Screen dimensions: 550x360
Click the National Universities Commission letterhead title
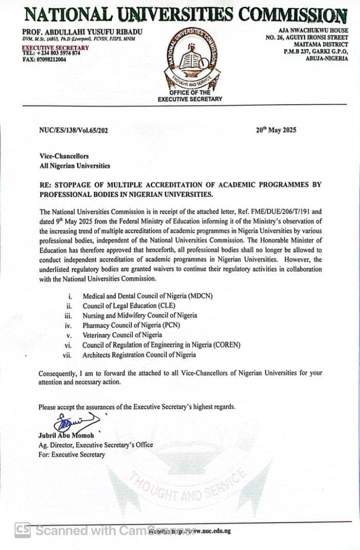pyautogui.click(x=185, y=15)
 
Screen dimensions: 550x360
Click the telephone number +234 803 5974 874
pyautogui.click(x=51, y=53)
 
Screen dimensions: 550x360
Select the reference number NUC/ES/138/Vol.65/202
pyautogui.click(x=73, y=130)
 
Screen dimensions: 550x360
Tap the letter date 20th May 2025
pyautogui.click(x=276, y=130)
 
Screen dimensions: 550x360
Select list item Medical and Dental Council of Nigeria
pyautogui.click(x=147, y=296)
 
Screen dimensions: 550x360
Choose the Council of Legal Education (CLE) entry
pyautogui.click(x=129, y=306)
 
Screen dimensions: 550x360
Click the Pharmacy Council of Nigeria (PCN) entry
pyautogui.click(x=131, y=325)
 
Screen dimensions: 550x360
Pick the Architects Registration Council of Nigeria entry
pyautogui.click(x=139, y=355)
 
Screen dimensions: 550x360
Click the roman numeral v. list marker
pyautogui.click(x=70, y=335)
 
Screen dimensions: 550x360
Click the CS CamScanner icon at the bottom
pyautogui.click(x=22, y=530)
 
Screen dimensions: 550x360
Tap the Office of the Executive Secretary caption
pyautogui.click(x=189, y=96)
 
